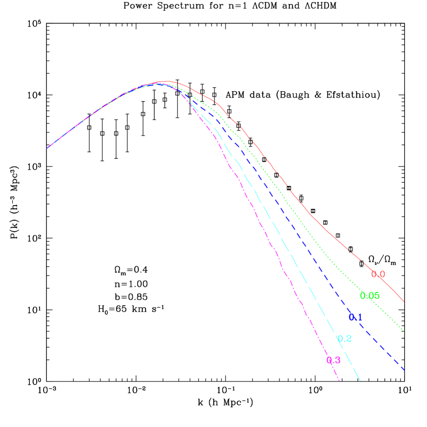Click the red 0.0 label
[x=378, y=274]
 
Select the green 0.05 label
[x=370, y=296]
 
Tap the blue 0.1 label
[x=356, y=317]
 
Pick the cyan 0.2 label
[x=344, y=338]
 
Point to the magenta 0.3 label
[x=333, y=360]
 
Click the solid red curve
[x=313, y=218]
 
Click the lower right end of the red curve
[x=403, y=302]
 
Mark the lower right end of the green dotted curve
[x=404, y=331]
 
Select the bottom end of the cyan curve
[x=360, y=380]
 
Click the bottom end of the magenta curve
[x=339, y=380]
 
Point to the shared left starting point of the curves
[x=47, y=148]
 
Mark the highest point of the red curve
[x=166, y=81]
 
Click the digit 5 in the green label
[x=377, y=296]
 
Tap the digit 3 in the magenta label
[x=337, y=360]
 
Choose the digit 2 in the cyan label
[x=348, y=338]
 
